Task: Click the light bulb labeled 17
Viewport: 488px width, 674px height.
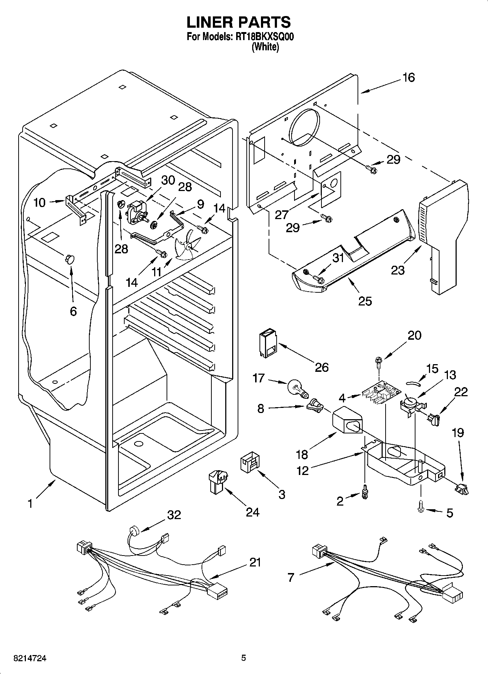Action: point(297,388)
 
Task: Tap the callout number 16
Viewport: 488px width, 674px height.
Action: point(409,78)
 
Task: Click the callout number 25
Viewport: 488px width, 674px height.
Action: point(365,301)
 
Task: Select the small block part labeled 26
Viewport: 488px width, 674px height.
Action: point(268,343)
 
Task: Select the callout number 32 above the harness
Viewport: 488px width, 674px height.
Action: point(174,515)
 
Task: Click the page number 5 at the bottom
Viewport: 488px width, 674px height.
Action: point(243,658)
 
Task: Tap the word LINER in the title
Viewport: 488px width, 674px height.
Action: point(210,22)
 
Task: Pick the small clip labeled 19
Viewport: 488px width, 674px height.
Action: point(462,489)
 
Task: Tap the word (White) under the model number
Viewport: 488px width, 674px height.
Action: point(265,47)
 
